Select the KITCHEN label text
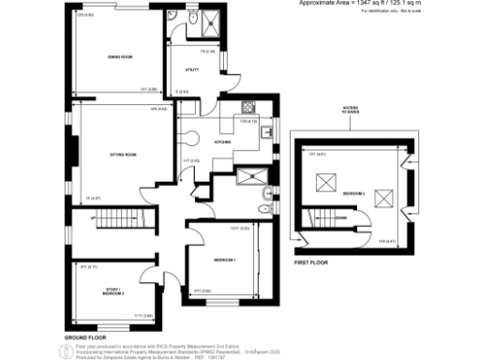(x=223, y=142)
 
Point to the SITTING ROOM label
(x=112, y=154)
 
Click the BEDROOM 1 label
(x=223, y=259)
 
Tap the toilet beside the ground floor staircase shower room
(x=266, y=195)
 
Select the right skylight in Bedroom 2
(x=382, y=196)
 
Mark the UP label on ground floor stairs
(x=93, y=218)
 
